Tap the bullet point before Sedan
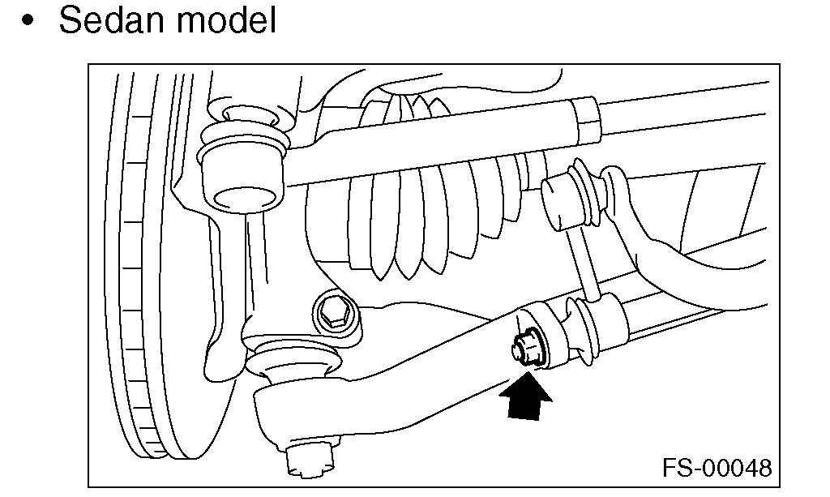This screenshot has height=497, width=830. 31,23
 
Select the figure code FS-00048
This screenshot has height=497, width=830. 717,468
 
